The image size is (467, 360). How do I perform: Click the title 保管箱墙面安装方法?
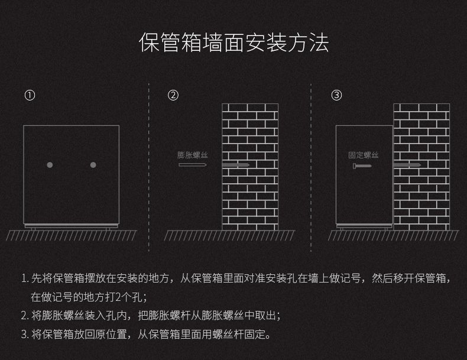coord(234,43)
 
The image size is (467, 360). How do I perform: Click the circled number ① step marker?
coord(30,95)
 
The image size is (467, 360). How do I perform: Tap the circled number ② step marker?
coord(173,95)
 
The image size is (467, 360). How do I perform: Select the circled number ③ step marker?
coord(336,95)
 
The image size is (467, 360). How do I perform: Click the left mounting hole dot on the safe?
coord(50,165)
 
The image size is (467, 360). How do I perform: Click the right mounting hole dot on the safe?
coord(93,165)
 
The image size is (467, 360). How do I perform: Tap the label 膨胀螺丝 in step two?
coord(192,155)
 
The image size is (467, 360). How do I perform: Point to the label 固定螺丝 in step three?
coord(364,155)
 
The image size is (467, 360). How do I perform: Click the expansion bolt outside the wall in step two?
coord(193,165)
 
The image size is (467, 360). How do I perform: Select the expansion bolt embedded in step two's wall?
coord(236,165)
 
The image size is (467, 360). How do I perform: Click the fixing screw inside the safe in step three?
coord(362,166)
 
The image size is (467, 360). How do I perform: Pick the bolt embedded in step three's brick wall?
coord(407,165)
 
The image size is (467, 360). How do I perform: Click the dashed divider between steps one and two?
coord(149,168)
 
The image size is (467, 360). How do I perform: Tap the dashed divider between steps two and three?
coord(311,168)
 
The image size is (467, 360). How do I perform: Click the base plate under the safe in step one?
coord(71,226)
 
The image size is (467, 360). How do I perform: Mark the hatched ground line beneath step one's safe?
coord(71,235)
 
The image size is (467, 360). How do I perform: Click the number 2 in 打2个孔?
coord(118,297)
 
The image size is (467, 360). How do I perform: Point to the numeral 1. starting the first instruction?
coord(25,278)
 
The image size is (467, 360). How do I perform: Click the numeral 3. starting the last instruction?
coord(25,335)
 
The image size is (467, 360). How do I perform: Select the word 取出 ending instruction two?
coord(265,316)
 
